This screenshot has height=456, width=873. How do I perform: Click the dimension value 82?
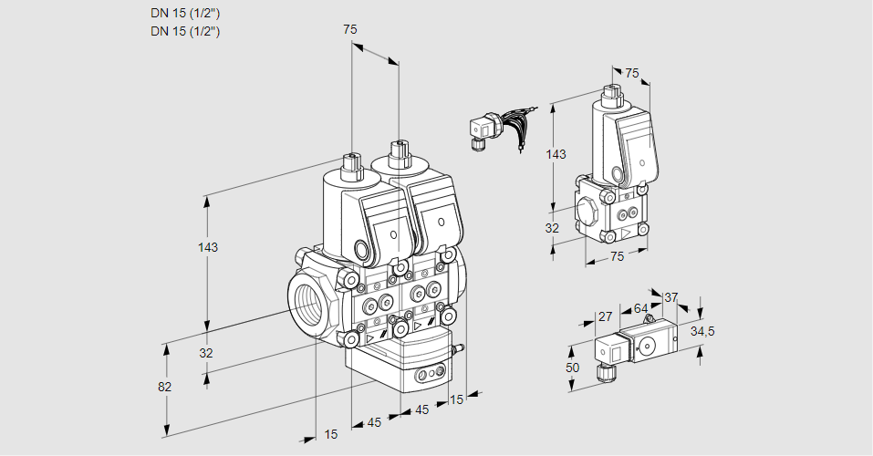pyautogui.click(x=164, y=387)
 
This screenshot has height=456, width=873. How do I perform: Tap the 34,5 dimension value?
pyautogui.click(x=702, y=331)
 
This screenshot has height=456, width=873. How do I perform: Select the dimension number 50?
pyautogui.click(x=573, y=368)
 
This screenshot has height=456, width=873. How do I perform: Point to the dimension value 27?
pyautogui.click(x=605, y=317)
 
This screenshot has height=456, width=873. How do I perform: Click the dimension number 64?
pyautogui.click(x=640, y=309)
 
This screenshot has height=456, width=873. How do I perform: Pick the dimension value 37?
pyautogui.click(x=670, y=297)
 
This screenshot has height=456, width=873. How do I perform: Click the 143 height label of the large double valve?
pyautogui.click(x=208, y=247)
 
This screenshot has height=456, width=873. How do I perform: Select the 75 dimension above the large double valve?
pyautogui.click(x=349, y=30)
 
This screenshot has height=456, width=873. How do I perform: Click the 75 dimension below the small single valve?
pyautogui.click(x=617, y=257)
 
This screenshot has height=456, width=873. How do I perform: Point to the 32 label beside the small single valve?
pyautogui.click(x=552, y=228)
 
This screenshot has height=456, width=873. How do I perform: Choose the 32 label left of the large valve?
pyautogui.click(x=206, y=353)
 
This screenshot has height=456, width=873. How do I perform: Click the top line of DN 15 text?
pyautogui.click(x=186, y=13)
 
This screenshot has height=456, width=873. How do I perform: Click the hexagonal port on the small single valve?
pyautogui.click(x=588, y=208)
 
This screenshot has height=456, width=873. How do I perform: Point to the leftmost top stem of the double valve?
pyautogui.click(x=349, y=166)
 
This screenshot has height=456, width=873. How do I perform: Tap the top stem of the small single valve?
pyautogui.click(x=612, y=93)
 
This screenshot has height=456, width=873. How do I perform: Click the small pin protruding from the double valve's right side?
pyautogui.click(x=461, y=347)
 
